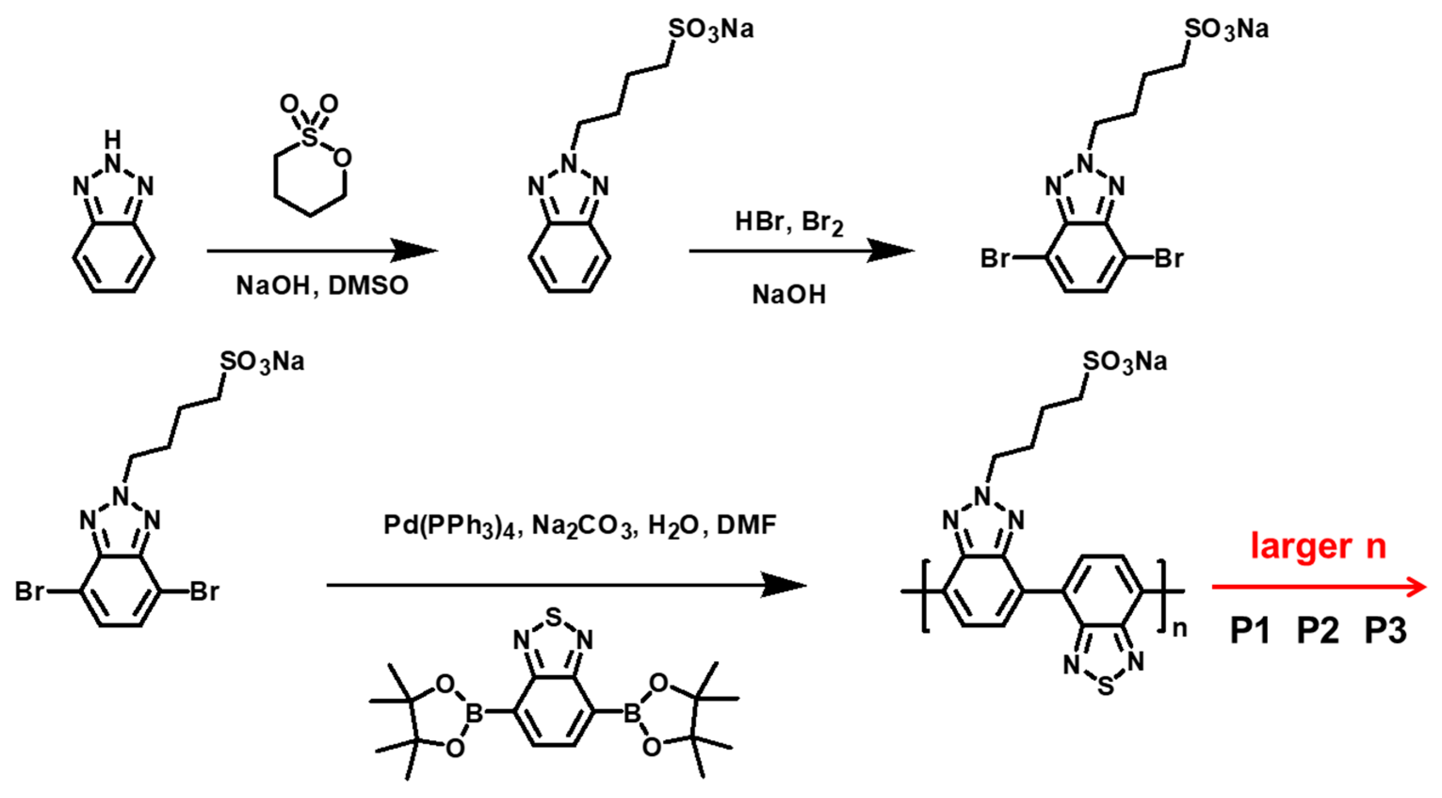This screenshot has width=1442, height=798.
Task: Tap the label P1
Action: click(1250, 630)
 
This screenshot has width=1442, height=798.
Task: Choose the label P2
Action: click(1318, 630)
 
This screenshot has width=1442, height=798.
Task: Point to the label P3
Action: click(1386, 630)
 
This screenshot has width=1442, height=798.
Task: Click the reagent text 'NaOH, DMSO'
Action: click(322, 286)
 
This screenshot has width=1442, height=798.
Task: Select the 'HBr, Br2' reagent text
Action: click(789, 222)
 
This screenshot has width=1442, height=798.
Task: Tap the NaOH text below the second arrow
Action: click(789, 295)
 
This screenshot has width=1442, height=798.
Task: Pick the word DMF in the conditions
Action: click(747, 525)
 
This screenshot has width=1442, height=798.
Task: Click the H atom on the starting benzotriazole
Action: click(113, 139)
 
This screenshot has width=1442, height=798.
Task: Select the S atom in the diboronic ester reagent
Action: click(553, 617)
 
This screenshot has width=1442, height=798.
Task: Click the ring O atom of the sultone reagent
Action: click(342, 159)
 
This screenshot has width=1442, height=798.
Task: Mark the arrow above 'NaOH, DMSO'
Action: click(322, 250)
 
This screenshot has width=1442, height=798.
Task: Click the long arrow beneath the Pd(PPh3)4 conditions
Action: click(565, 586)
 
